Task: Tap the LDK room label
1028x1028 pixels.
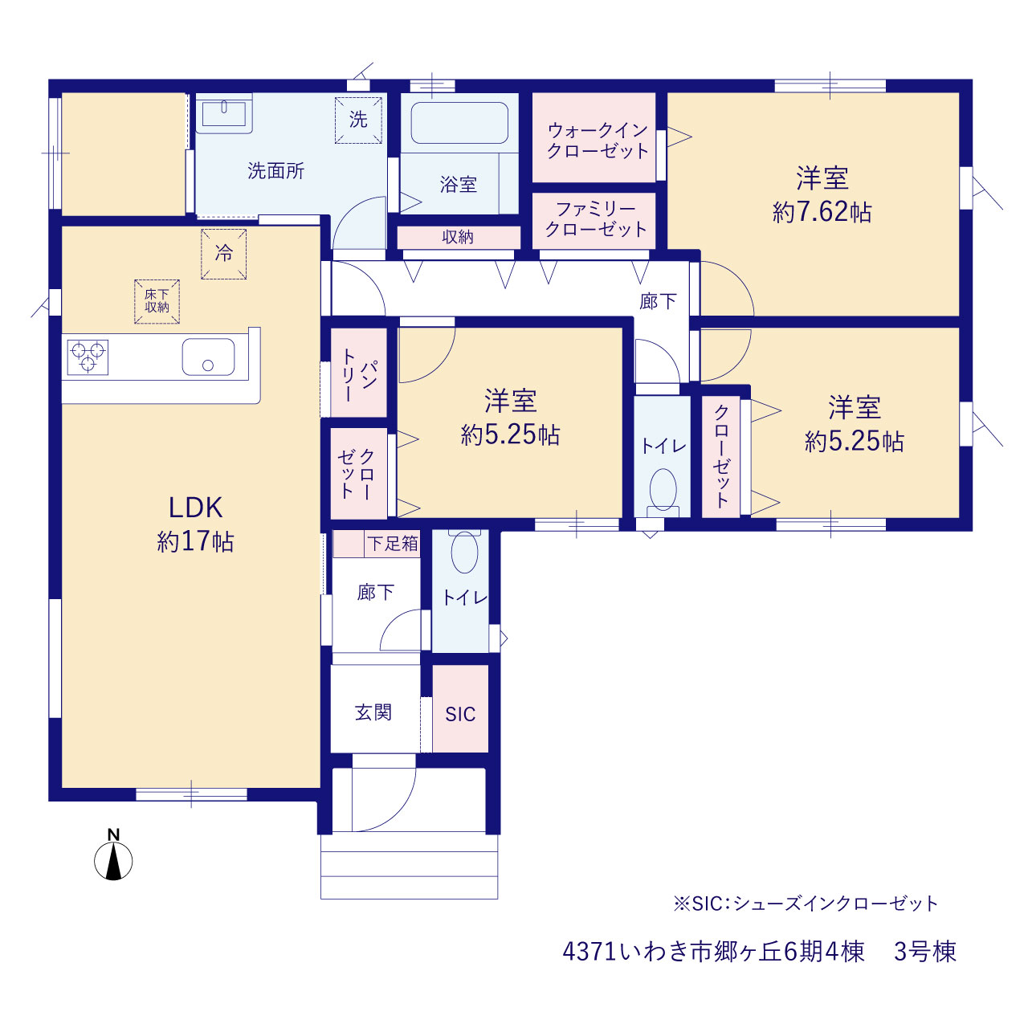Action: (x=195, y=508)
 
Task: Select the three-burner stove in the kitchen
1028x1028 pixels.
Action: (x=88, y=357)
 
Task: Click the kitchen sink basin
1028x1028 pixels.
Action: (x=208, y=357)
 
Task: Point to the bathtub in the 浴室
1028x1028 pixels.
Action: (x=459, y=123)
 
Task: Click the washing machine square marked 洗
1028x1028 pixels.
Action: (x=358, y=120)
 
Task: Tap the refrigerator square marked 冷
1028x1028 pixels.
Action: (x=223, y=254)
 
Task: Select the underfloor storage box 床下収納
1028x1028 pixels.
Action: (x=157, y=301)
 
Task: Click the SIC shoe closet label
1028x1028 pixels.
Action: (x=460, y=714)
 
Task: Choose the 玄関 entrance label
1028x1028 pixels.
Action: (x=373, y=712)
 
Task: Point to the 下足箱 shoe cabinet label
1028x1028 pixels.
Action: (x=393, y=544)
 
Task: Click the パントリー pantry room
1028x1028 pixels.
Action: (x=358, y=373)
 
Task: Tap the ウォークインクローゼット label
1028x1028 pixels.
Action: (x=598, y=141)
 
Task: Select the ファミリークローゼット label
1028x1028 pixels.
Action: (x=597, y=219)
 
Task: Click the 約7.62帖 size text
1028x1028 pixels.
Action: (x=822, y=212)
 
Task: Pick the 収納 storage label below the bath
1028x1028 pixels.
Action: (x=458, y=237)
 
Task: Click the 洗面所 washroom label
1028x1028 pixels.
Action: (x=275, y=171)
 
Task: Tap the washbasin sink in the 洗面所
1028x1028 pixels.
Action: (x=224, y=112)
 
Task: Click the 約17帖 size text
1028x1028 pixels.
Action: (x=195, y=541)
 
